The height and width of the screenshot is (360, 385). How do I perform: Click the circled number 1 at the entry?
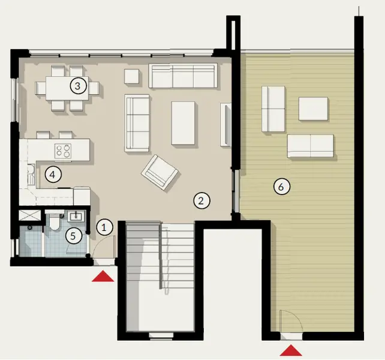[104, 227]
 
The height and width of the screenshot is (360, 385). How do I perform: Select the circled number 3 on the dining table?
[77, 86]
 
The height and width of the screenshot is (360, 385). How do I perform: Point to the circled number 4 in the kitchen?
[53, 175]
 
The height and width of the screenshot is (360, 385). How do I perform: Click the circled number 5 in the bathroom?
[73, 236]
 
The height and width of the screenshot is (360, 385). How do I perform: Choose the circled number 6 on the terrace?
[280, 187]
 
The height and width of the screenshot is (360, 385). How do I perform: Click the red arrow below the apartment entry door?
[104, 276]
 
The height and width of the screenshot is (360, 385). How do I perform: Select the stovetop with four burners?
[64, 149]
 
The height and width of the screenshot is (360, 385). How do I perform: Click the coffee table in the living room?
[184, 123]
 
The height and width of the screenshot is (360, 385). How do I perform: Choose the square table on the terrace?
[313, 109]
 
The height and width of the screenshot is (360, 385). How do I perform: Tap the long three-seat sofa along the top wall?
[183, 76]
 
